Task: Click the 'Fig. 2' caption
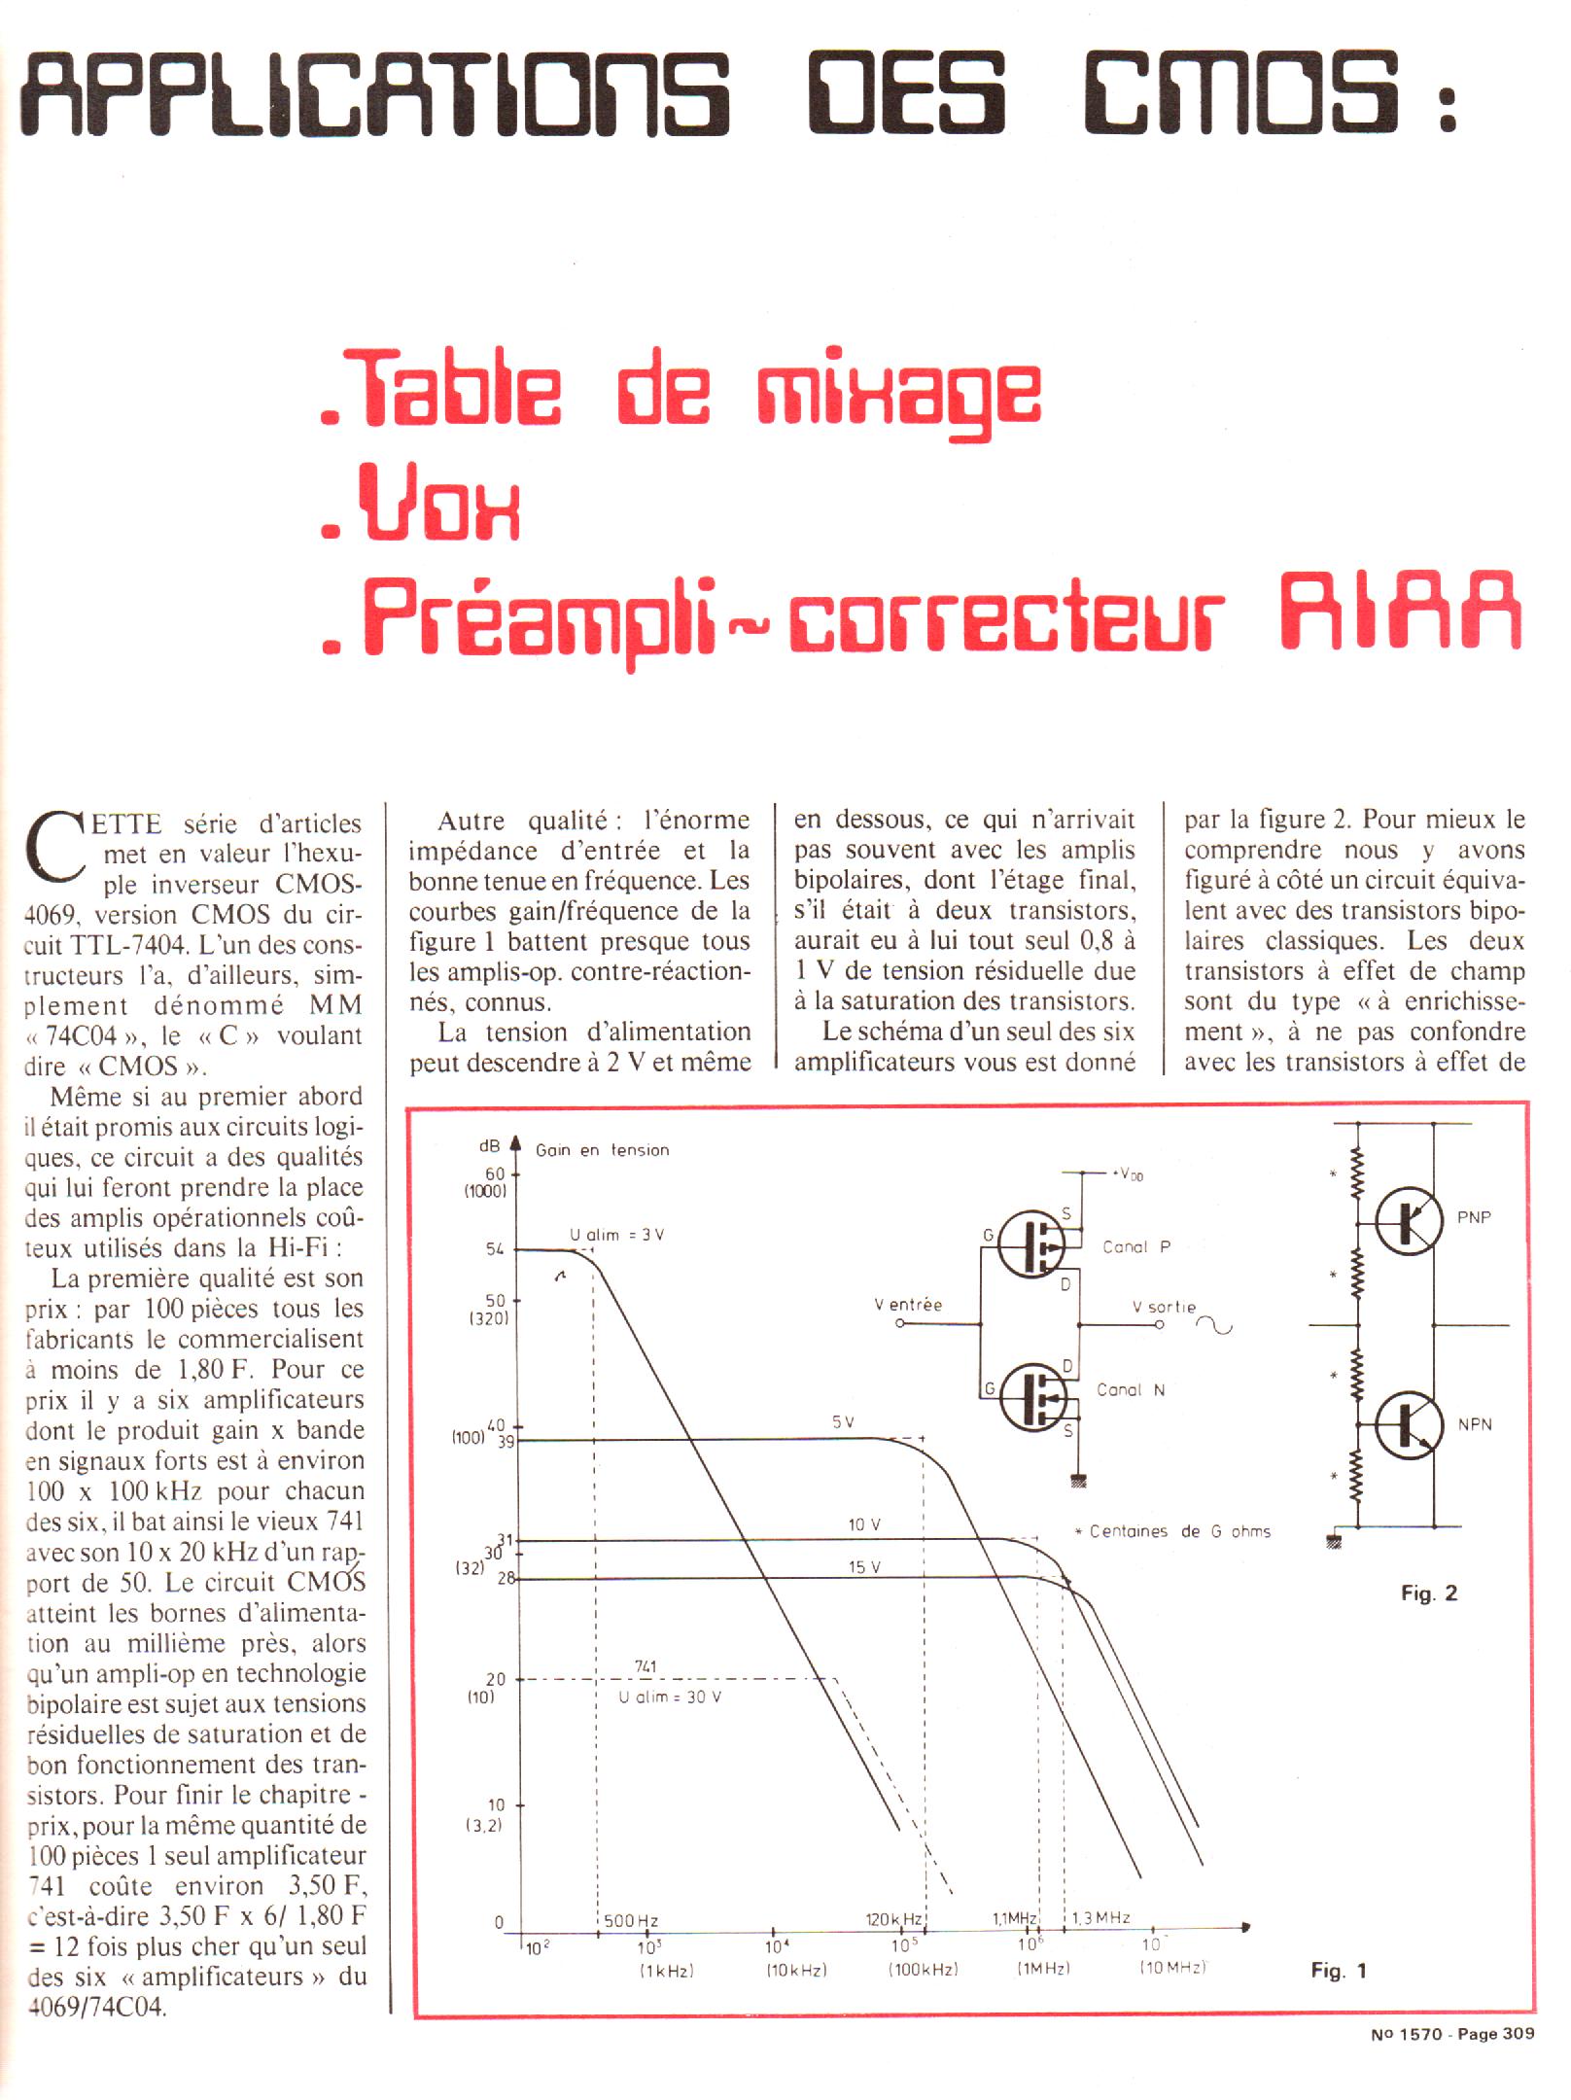click(x=1428, y=1593)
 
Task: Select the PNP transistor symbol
click(x=1407, y=1223)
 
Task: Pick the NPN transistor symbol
click(x=1407, y=1424)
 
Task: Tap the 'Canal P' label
click(x=1135, y=1247)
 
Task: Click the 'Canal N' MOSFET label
click(x=1130, y=1390)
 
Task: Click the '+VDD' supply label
click(x=1127, y=1174)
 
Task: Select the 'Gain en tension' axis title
click(x=602, y=1150)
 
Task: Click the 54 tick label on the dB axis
click(x=495, y=1249)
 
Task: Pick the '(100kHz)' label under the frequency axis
click(x=923, y=1969)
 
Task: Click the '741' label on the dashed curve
click(x=645, y=1666)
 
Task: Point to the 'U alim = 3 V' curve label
click(x=616, y=1235)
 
